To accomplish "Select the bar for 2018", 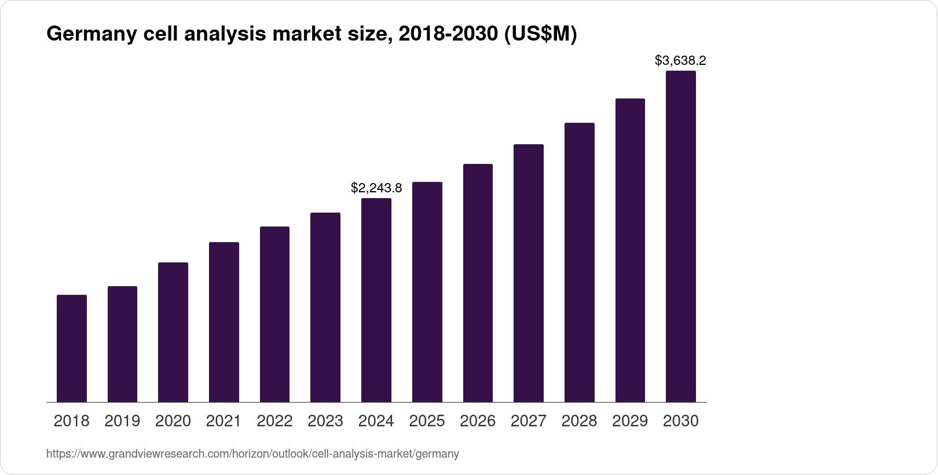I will [x=72, y=348].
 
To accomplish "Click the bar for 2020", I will [x=173, y=332].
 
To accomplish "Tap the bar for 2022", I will [x=274, y=314].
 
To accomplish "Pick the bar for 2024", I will [x=376, y=300].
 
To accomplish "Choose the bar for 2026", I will [x=478, y=283].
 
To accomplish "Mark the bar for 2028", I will [x=579, y=262].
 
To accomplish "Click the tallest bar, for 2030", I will [x=681, y=236].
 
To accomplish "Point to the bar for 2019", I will [x=122, y=344].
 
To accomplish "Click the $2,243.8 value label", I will [x=376, y=188].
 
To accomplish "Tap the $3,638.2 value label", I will [x=680, y=60].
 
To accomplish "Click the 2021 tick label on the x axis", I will [x=223, y=421].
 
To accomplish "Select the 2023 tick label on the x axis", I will [x=325, y=421].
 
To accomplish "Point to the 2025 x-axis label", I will [x=427, y=421].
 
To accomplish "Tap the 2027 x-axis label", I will [x=528, y=421].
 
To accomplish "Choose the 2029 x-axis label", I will [x=630, y=421].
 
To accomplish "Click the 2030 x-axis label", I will [x=681, y=421].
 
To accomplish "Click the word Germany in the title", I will [x=91, y=35].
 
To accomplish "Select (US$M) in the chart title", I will [x=540, y=35].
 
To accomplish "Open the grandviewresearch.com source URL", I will [x=252, y=454].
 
